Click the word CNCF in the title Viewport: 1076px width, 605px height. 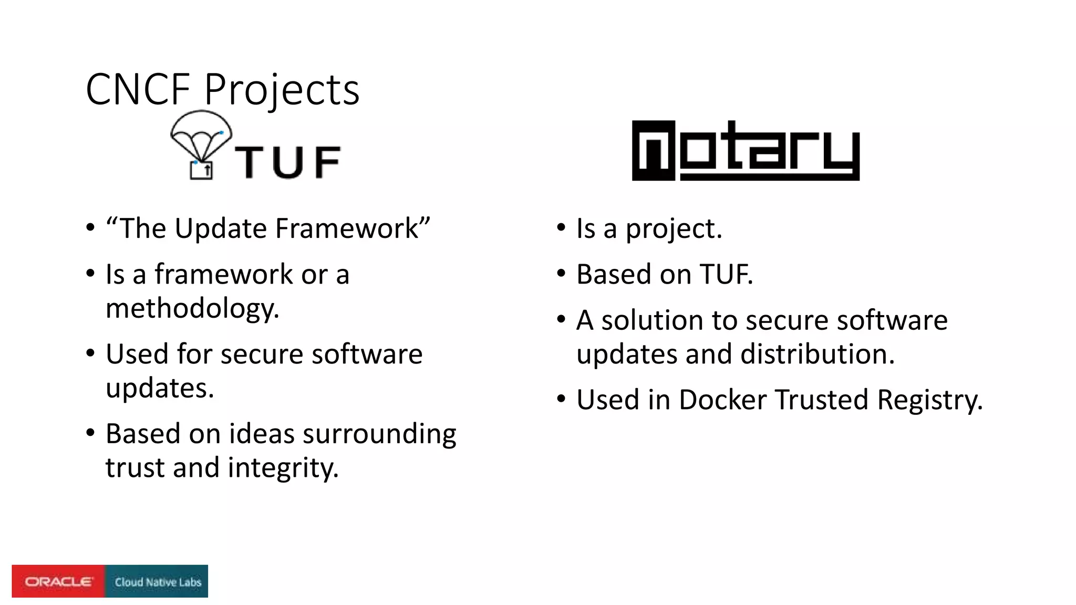(138, 89)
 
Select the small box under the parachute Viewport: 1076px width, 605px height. (201, 170)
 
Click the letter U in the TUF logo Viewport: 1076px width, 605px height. (288, 162)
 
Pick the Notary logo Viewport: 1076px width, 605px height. (746, 151)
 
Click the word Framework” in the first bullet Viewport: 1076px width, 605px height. (353, 228)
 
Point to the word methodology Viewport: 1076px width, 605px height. (192, 308)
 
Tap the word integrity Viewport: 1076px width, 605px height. (283, 467)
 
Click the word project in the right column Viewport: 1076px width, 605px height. (674, 229)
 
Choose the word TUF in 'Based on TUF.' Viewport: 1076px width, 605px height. (726, 274)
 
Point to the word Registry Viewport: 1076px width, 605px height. (929, 400)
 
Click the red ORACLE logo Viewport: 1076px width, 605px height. (58, 581)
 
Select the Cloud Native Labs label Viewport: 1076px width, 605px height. (158, 582)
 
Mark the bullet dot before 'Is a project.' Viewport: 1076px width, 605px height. (562, 228)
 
